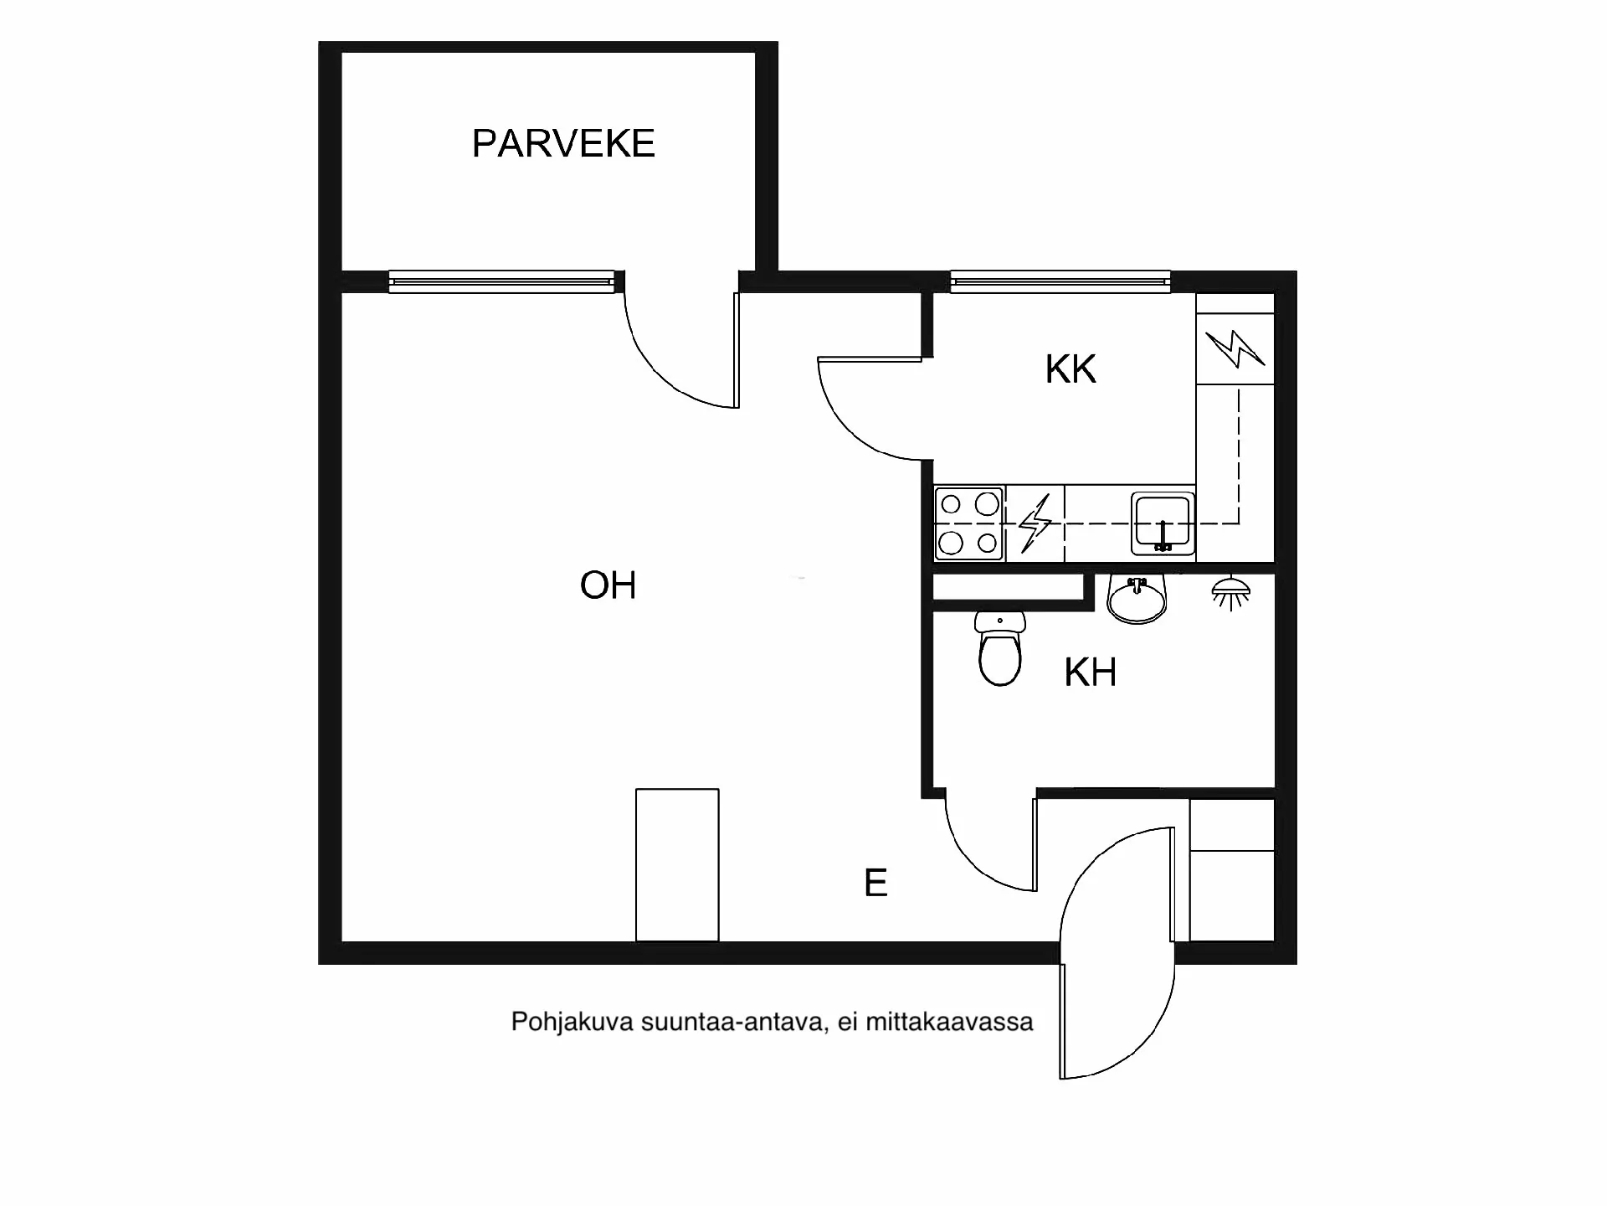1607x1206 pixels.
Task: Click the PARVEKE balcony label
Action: tap(563, 143)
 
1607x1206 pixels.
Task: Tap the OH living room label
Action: tap(608, 585)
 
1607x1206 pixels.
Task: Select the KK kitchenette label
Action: tap(1070, 369)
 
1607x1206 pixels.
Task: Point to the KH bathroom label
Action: tap(1090, 673)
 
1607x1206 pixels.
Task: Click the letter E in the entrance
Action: tap(875, 883)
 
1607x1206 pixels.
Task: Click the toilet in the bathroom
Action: tap(1000, 652)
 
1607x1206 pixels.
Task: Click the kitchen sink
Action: tap(1163, 523)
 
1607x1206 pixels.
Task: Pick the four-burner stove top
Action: tap(969, 523)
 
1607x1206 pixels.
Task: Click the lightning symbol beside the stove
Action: tap(1035, 523)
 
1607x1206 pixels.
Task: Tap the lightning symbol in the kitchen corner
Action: tap(1235, 349)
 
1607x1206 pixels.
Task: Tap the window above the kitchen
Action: tap(1060, 281)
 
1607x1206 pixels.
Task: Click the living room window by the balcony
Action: tap(501, 281)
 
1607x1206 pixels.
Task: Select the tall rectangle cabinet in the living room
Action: tap(677, 864)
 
